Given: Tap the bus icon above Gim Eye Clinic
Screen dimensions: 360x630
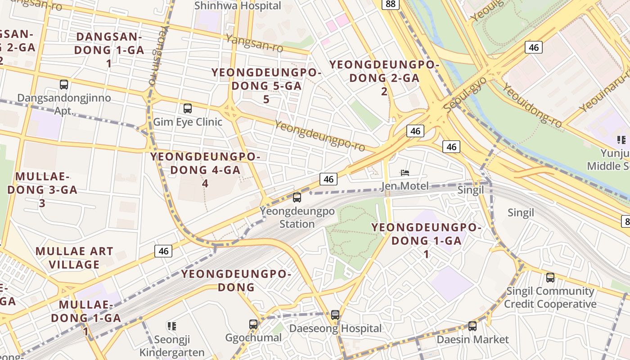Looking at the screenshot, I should click(x=188, y=108).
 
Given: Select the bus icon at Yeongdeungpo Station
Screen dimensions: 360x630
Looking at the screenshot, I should click(x=297, y=197).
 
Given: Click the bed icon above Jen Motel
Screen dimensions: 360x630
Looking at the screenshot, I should click(x=405, y=172).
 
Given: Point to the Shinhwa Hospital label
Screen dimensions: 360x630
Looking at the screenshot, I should click(x=238, y=6).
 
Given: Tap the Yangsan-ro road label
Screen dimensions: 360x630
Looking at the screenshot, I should click(x=261, y=44).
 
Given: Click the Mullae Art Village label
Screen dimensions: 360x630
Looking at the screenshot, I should click(x=74, y=258).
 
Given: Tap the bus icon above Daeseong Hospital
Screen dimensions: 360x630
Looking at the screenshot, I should click(x=335, y=315).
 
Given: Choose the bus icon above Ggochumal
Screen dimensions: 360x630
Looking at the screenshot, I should click(x=253, y=324).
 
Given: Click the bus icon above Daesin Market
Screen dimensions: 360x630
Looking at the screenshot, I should click(x=472, y=326).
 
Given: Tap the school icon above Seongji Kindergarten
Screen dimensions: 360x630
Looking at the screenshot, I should click(x=171, y=326).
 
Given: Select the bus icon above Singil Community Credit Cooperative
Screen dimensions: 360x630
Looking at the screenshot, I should click(x=550, y=278).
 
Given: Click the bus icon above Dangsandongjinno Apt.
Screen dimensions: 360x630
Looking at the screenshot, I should click(x=64, y=84).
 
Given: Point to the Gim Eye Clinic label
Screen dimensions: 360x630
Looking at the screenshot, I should click(x=188, y=122).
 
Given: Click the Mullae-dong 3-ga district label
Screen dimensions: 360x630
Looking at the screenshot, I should click(x=42, y=189).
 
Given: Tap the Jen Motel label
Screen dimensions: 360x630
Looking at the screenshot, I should click(x=405, y=186).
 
